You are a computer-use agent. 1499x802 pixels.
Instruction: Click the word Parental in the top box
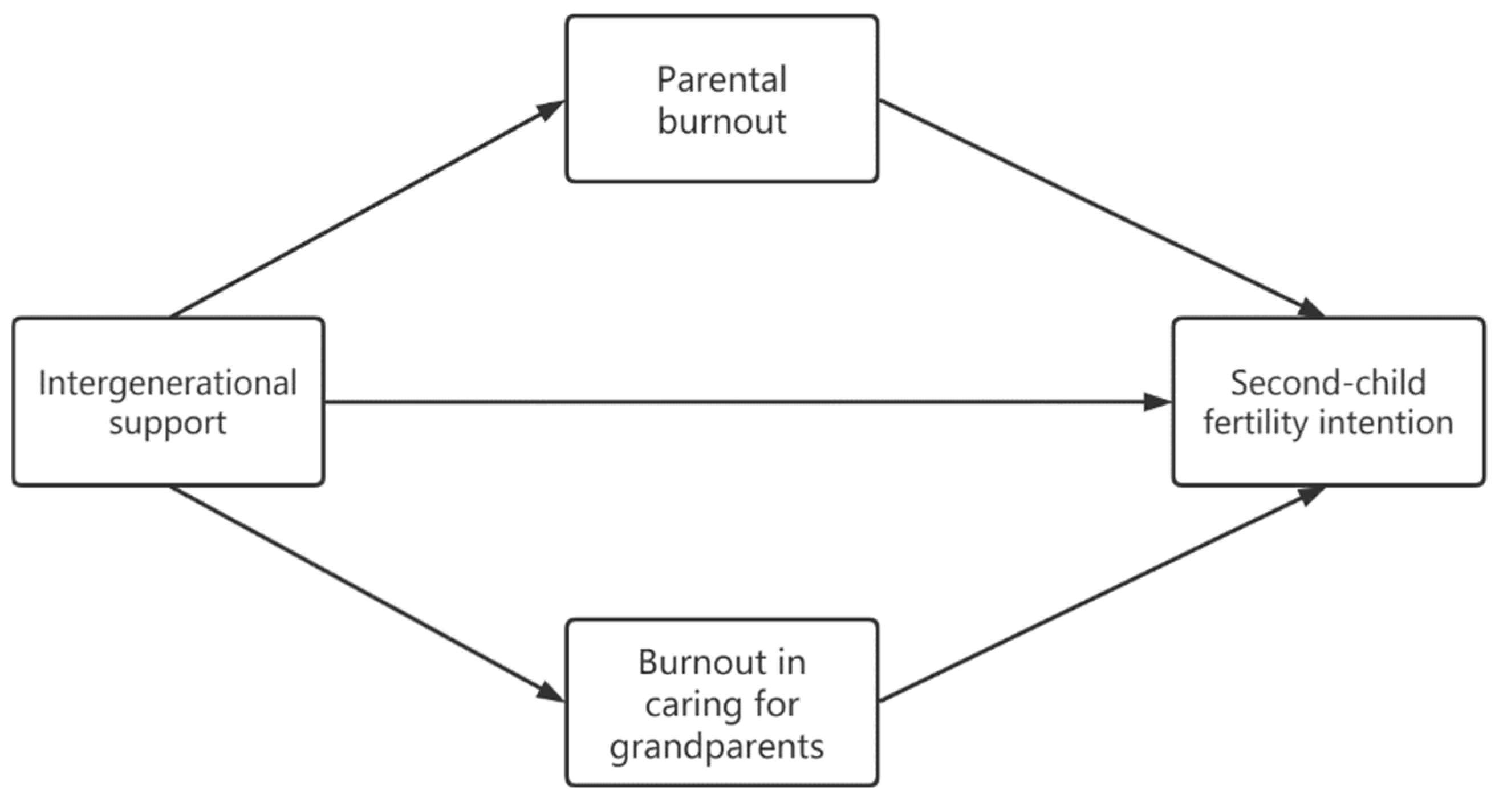click(x=722, y=80)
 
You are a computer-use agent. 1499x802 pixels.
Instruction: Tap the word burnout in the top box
click(x=722, y=121)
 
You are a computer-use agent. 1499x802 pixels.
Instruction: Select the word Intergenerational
click(x=168, y=383)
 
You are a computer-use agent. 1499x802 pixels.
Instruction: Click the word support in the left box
click(x=168, y=423)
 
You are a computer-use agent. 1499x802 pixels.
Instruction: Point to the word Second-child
click(x=1328, y=383)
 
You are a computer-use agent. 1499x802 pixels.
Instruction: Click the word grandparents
click(x=717, y=747)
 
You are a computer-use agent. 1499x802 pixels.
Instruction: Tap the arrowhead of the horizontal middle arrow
click(x=1157, y=402)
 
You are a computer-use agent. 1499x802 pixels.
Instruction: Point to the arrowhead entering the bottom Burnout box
click(x=550, y=692)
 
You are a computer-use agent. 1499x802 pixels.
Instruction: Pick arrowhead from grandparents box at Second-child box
click(x=1309, y=495)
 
